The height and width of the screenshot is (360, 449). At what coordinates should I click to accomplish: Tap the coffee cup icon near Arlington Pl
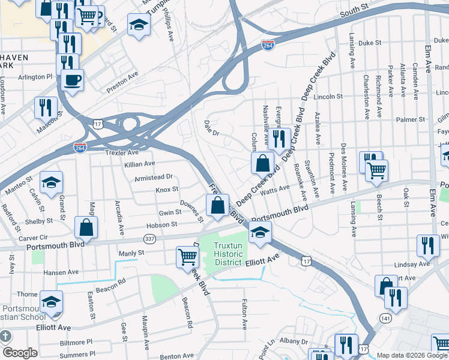click(72, 79)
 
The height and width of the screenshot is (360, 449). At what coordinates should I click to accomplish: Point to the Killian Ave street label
click(139, 163)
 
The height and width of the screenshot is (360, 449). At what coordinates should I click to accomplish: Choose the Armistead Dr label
click(154, 177)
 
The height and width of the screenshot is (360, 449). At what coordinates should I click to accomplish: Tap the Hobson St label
click(163, 224)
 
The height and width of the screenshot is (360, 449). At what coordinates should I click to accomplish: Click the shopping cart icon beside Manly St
click(188, 256)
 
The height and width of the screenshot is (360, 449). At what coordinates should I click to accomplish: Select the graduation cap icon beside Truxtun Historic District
click(260, 232)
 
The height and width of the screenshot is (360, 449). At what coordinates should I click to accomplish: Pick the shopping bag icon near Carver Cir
click(86, 227)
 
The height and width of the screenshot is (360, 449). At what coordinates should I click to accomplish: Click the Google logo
click(20, 352)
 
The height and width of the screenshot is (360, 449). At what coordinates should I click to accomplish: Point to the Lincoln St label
click(329, 96)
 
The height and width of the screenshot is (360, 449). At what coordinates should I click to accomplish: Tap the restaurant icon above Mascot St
click(46, 107)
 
